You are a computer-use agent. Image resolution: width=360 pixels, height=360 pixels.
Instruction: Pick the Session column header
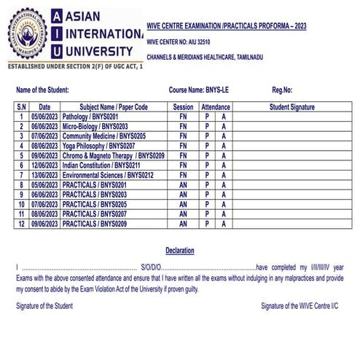coord(184,106)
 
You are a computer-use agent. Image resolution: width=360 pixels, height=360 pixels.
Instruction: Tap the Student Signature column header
coord(291,106)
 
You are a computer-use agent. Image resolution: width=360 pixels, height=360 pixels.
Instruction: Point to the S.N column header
coord(20,106)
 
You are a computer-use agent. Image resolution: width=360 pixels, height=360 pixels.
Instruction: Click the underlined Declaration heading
coord(180,251)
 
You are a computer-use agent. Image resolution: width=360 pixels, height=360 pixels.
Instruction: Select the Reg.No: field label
coord(282,90)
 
